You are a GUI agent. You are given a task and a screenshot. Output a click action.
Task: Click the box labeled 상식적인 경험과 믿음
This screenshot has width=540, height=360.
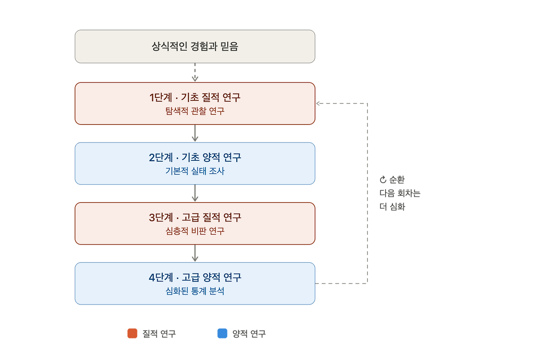[195, 46]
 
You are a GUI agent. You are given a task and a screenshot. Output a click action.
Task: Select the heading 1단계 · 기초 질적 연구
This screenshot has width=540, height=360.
[195, 97]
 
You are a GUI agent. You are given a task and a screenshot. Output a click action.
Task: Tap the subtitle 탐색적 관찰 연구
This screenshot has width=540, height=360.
[195, 111]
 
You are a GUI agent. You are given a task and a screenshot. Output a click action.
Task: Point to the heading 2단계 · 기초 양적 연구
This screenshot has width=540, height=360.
[195, 157]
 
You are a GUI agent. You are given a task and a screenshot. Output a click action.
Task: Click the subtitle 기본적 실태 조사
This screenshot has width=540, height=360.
[195, 171]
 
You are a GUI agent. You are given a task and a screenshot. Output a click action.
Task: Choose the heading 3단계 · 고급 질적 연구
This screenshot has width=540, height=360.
[195, 217]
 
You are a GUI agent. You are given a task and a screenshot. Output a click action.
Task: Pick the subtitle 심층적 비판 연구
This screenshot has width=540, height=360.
[195, 231]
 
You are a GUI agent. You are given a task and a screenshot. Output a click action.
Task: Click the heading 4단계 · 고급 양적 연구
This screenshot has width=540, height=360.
[195, 278]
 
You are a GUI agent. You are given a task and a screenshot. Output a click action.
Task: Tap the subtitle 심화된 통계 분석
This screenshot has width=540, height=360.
[195, 291]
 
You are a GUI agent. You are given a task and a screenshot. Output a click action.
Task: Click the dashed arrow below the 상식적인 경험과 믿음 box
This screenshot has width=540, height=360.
[195, 72]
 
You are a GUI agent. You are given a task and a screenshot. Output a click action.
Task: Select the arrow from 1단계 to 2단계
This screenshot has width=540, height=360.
[195, 133]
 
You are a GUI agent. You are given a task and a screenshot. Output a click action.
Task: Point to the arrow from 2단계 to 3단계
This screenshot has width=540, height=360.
[195, 193]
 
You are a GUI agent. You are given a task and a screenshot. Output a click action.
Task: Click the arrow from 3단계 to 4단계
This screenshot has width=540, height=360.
[195, 253]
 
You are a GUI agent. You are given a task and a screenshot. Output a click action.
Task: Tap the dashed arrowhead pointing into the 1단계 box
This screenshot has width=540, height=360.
[318, 103]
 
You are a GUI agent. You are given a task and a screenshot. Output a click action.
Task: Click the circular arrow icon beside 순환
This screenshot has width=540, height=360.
[383, 180]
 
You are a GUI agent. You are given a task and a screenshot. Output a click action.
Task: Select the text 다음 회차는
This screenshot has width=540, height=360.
[400, 193]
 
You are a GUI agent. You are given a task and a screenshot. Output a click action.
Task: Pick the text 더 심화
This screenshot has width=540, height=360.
[392, 207]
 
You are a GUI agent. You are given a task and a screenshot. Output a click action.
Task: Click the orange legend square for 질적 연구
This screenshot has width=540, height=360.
[132, 333]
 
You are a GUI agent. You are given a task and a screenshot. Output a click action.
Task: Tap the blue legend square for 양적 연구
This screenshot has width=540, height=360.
[222, 333]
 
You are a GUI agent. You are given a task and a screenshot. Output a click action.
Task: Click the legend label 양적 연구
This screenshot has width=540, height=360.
[249, 334]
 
